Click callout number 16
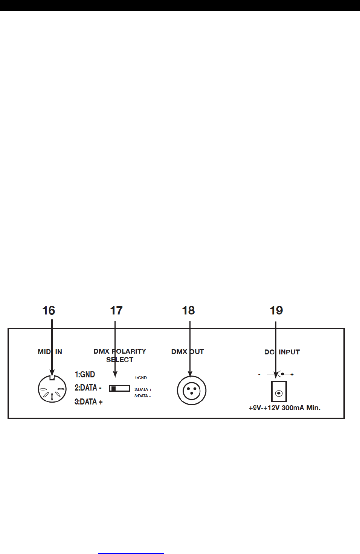tap(49, 311)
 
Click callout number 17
tap(116, 311)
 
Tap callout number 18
tap(188, 311)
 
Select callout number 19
tap(276, 311)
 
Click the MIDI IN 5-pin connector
tap(52, 389)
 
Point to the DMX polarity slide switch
tap(119, 388)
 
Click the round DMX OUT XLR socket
tap(192, 391)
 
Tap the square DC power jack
tap(279, 392)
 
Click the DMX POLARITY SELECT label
tap(120, 355)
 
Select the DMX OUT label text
tap(188, 352)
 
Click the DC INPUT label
tap(282, 352)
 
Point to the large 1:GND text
tap(85, 374)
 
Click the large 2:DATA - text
tap(88, 388)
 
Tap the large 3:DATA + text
tap(88, 402)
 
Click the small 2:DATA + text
tap(143, 389)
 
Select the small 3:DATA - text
tap(143, 396)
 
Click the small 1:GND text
tap(141, 378)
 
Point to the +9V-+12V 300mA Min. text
tap(284, 408)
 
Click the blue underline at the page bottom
tap(131, 553)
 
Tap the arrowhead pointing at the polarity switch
tap(115, 374)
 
